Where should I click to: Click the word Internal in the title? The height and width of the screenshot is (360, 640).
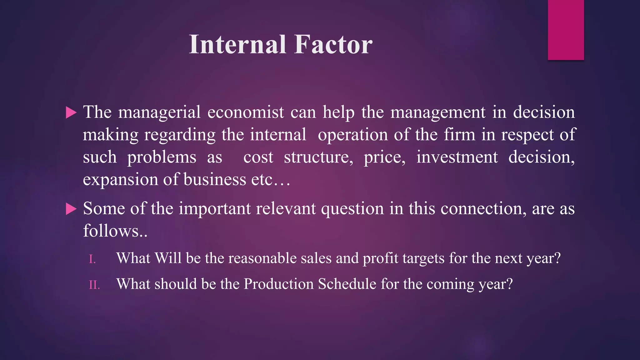237,45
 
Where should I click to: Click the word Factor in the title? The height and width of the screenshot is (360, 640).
333,45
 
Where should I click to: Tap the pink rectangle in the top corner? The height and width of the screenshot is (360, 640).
566,30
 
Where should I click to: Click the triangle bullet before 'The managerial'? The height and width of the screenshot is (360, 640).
71,112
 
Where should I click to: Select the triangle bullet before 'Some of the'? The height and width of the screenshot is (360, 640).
71,209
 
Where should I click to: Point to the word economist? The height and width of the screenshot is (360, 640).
246,112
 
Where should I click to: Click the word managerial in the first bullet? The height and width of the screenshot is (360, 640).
159,113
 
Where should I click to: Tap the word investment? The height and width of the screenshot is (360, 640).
457,157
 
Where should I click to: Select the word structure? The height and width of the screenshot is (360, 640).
318,157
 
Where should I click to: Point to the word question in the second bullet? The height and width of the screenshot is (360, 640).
352,209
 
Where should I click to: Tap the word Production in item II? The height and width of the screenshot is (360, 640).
279,284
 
